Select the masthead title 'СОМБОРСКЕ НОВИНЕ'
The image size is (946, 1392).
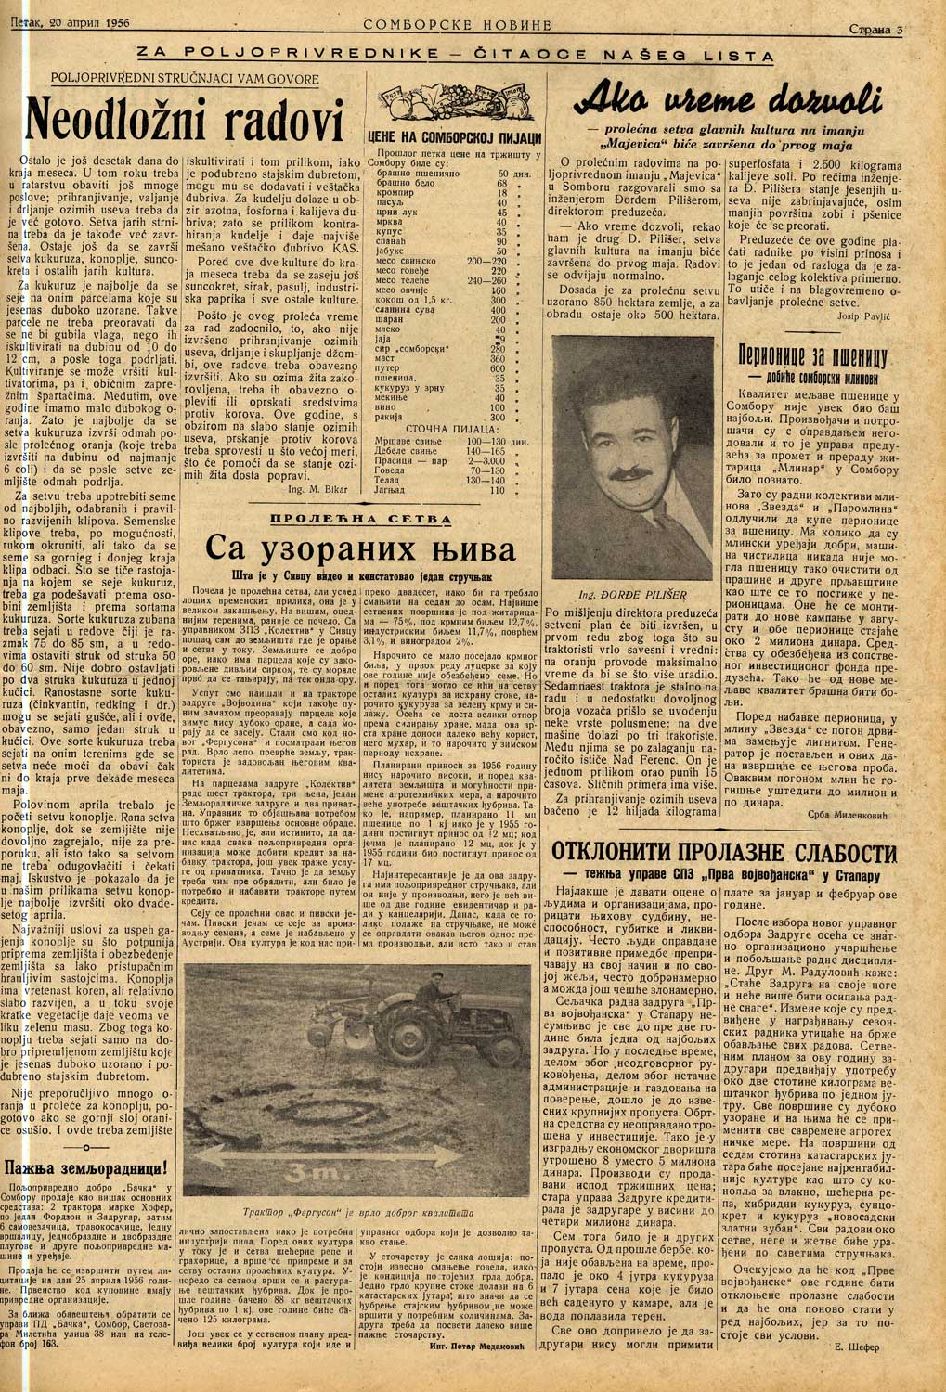pyautogui.click(x=458, y=24)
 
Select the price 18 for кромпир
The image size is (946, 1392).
pyautogui.click(x=502, y=194)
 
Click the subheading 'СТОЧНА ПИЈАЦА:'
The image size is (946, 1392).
pyautogui.click(x=449, y=431)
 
